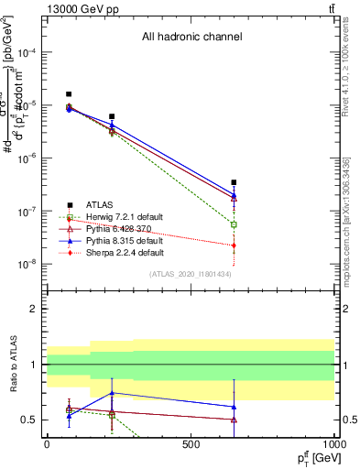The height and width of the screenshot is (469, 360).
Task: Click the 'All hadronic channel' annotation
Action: [191, 38]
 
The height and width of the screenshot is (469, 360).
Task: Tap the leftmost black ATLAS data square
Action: [69, 94]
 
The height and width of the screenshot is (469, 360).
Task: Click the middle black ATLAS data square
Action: [112, 116]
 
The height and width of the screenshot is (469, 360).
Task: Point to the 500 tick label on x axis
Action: [191, 444]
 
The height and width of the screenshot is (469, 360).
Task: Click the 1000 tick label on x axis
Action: [334, 444]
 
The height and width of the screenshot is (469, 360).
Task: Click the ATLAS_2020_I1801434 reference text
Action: [191, 274]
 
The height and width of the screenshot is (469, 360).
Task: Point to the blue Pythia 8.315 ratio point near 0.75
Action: [112, 392]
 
